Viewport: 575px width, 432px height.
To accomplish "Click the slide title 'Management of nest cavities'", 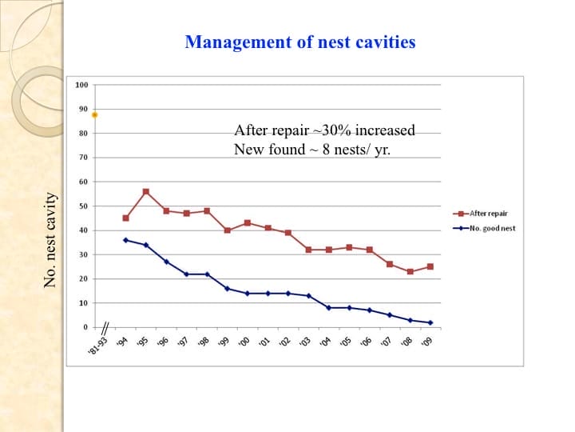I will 299,42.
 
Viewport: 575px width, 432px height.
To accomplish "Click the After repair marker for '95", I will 145,192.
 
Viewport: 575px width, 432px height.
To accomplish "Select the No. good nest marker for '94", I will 125,240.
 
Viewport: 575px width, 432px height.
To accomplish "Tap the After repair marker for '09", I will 430,266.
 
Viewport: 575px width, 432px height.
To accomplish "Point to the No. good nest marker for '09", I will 430,322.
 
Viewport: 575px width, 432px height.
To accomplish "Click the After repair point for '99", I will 227,230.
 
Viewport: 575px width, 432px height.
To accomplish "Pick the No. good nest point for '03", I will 308,296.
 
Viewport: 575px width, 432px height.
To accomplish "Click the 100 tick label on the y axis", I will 81,85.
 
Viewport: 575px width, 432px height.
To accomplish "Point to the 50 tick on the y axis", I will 82,206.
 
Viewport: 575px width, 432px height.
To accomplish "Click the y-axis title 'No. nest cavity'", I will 50,240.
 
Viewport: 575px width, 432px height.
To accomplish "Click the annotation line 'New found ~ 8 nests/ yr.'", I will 312,149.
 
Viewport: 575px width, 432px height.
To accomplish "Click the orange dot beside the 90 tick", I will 95,114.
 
